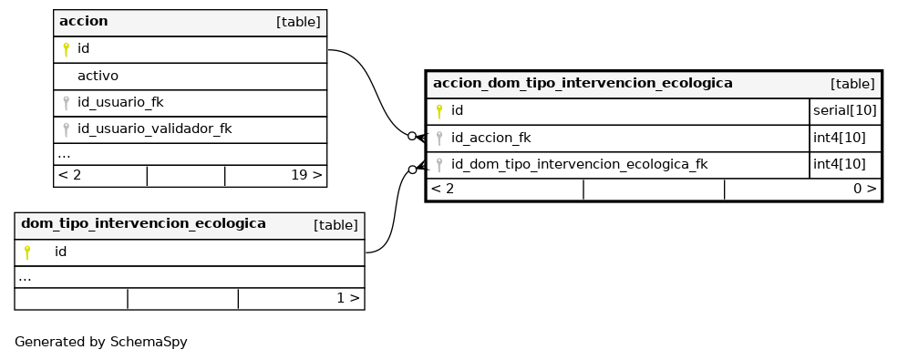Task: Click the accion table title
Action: point(84,21)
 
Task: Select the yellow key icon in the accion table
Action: point(66,49)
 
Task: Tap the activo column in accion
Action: point(98,76)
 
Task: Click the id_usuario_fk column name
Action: point(120,102)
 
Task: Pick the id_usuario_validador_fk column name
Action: point(155,129)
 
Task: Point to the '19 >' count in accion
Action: point(306,175)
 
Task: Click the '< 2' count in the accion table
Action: point(69,175)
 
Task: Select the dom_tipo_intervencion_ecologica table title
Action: point(143,223)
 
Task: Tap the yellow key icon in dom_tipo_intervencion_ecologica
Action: point(27,252)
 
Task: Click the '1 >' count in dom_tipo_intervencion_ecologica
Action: point(348,298)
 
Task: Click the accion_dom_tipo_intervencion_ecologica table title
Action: point(583,83)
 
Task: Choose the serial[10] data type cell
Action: point(845,110)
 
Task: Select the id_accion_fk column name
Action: point(490,138)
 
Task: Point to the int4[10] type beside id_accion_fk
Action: point(839,138)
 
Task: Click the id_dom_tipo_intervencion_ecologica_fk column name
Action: point(579,165)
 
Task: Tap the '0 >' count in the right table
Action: point(865,189)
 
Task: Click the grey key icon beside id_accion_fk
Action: point(439,138)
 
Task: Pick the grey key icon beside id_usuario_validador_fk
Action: point(66,129)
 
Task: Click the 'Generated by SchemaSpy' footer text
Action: point(101,343)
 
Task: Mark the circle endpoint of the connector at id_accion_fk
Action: point(412,136)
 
